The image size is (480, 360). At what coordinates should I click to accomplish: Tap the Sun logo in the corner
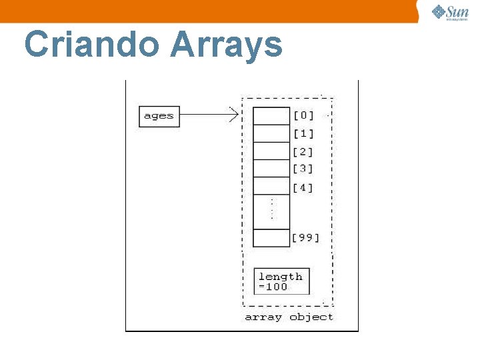click(449, 12)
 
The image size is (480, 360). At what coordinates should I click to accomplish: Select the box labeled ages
click(159, 116)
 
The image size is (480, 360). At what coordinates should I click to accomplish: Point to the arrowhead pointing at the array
click(235, 116)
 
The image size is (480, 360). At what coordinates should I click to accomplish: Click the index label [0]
click(303, 116)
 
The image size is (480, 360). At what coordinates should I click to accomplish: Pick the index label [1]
click(303, 133)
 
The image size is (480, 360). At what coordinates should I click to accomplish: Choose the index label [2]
click(303, 151)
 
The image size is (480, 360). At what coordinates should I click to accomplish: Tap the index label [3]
click(303, 169)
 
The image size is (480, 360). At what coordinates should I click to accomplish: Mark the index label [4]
click(303, 187)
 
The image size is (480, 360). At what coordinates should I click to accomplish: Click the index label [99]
click(306, 237)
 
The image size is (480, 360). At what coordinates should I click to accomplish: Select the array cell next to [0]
click(271, 116)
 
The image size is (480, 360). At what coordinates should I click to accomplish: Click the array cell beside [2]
click(271, 151)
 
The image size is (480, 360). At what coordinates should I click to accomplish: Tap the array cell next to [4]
click(271, 186)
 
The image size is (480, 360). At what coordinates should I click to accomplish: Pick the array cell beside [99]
click(271, 238)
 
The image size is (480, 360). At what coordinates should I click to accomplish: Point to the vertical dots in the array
click(271, 209)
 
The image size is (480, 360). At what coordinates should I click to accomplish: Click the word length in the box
click(281, 276)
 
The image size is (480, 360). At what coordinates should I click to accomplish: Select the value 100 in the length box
click(275, 287)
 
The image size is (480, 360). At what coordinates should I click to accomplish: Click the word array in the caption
click(263, 317)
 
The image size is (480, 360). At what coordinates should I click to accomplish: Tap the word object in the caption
click(311, 317)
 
